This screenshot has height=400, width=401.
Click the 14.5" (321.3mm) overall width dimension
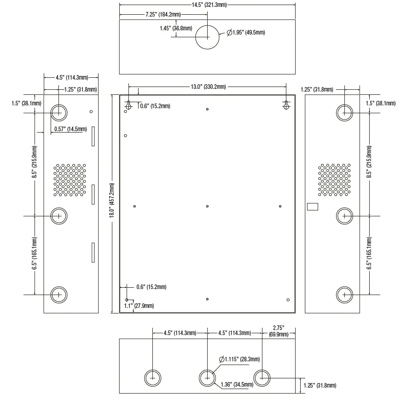click(x=207, y=5)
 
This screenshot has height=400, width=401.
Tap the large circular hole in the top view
click(x=207, y=36)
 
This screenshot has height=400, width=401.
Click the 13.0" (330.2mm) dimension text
click(x=208, y=87)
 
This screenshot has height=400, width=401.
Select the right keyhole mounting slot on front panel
click(x=286, y=105)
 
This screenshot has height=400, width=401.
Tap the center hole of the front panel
click(x=208, y=206)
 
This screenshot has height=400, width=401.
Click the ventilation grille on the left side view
click(x=70, y=180)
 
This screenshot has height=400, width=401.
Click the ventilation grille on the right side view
click(x=334, y=180)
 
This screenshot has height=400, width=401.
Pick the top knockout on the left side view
click(x=58, y=111)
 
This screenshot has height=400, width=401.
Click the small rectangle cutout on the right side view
click(x=313, y=207)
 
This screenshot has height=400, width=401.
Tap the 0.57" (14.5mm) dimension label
click(x=70, y=129)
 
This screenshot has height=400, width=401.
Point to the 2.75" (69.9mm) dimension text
click(x=278, y=330)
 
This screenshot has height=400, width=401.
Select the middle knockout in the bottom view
click(x=208, y=377)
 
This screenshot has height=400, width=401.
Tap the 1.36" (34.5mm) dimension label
click(x=237, y=384)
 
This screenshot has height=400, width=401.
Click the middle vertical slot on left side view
click(x=92, y=194)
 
